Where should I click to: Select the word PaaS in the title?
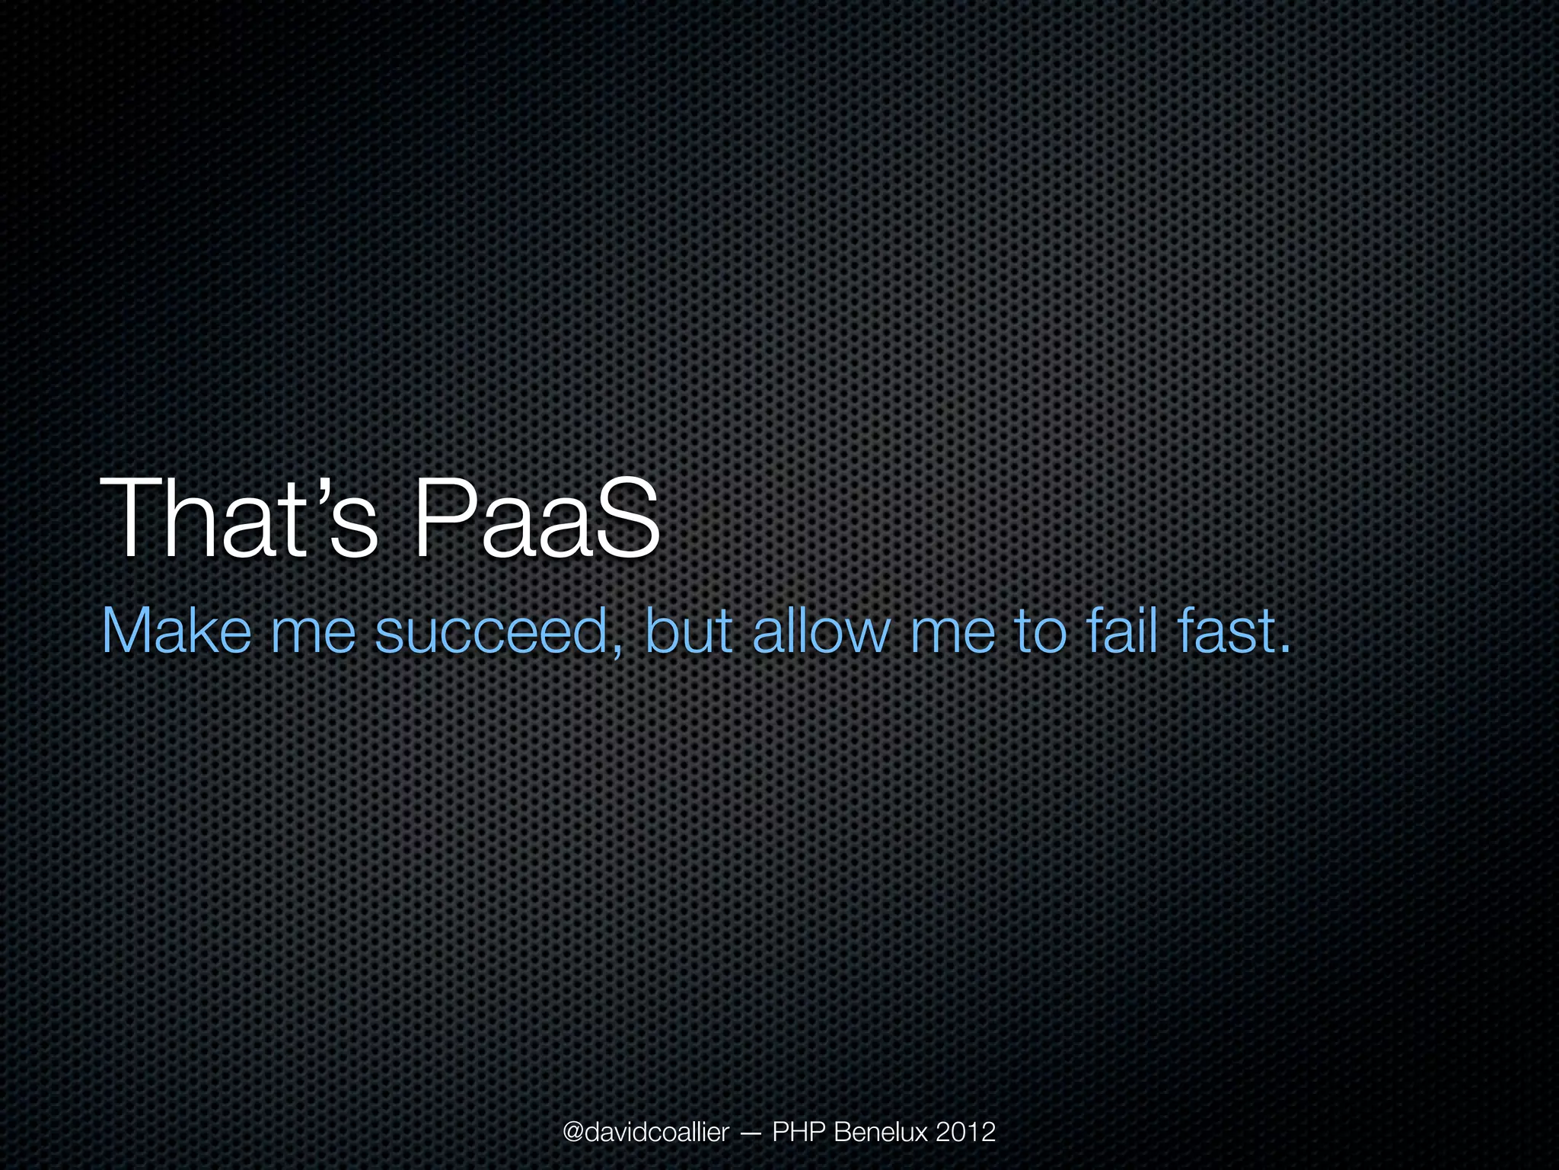[x=536, y=519]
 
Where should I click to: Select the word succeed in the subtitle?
[x=492, y=632]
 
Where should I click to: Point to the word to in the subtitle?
[x=1041, y=632]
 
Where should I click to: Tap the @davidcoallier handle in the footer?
[x=646, y=1133]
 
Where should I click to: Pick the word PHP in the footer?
[x=799, y=1133]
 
